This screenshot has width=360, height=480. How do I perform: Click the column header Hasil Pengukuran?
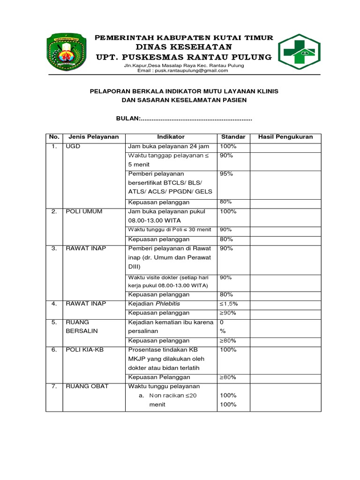coord(285,137)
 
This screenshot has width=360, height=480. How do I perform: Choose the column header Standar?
coord(233,137)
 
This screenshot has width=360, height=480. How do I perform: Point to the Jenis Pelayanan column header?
coord(94,137)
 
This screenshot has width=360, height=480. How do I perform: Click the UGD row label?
coord(73,146)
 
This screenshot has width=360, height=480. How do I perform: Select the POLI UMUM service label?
coord(84,211)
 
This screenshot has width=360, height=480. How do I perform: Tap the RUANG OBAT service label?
coord(87,386)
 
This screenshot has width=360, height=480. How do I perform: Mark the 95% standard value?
coord(226,174)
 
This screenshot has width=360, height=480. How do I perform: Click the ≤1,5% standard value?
coord(229,304)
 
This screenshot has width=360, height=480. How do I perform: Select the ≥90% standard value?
coord(228,313)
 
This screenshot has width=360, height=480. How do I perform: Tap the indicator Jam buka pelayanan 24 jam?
coord(165,146)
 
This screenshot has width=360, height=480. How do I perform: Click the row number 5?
coord(54,322)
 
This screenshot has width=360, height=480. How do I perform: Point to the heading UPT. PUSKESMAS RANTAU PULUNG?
coord(184,57)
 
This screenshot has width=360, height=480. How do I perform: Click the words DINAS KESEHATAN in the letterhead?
coord(184,47)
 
